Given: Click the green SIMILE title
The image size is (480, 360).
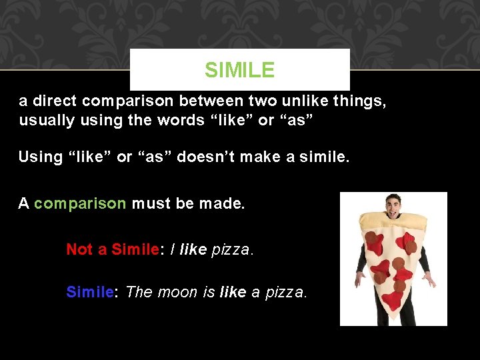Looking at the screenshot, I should [x=239, y=69].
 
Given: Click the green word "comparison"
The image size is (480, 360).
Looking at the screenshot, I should [x=80, y=203].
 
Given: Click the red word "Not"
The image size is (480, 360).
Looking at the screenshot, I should [x=79, y=249].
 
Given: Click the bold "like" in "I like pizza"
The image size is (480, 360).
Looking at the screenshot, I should [x=193, y=249].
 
